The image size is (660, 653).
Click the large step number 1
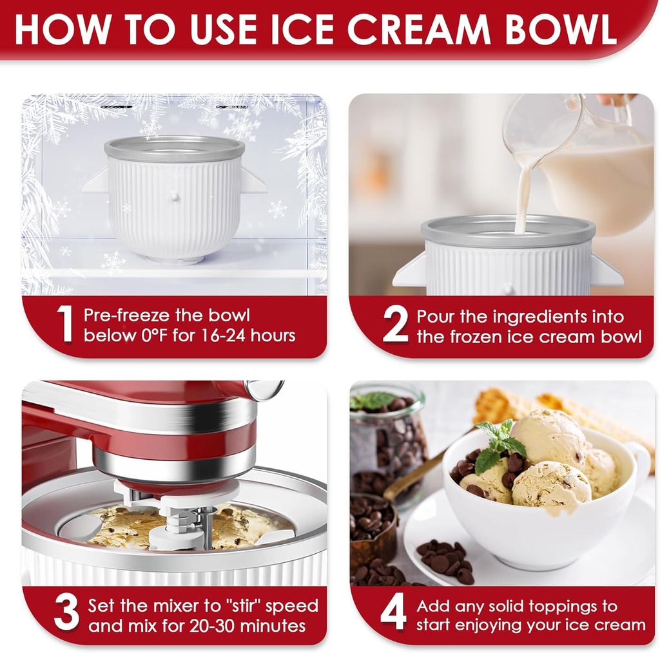point(64,325)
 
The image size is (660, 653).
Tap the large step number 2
point(395,325)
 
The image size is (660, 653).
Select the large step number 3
point(66,613)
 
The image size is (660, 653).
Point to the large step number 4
point(393,614)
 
